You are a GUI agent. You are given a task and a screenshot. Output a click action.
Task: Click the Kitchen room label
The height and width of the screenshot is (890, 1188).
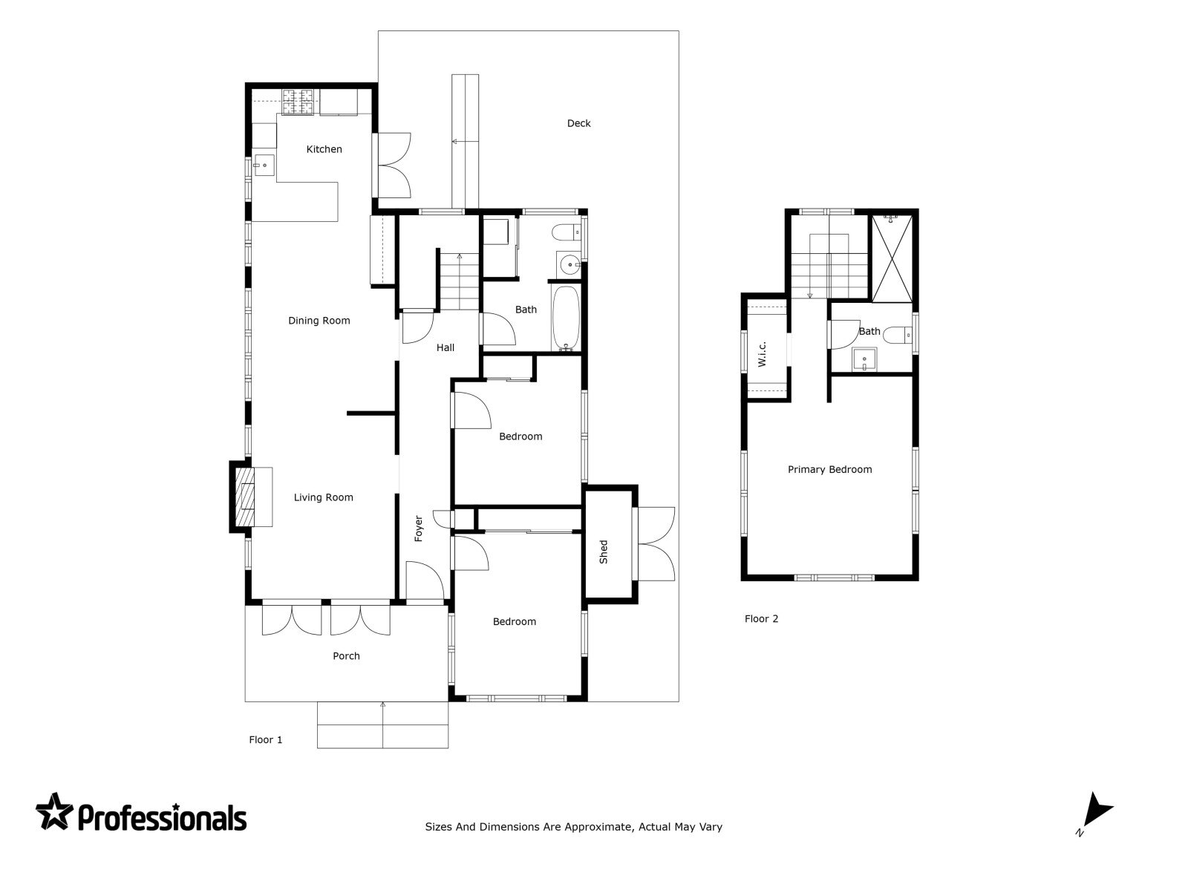tap(324, 149)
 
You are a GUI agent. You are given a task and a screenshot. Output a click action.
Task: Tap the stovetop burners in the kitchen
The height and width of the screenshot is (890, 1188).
tap(298, 102)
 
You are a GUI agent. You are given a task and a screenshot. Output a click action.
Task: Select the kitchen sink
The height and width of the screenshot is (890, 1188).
tap(264, 165)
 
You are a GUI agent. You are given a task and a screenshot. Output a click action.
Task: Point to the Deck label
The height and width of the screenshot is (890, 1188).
tap(578, 123)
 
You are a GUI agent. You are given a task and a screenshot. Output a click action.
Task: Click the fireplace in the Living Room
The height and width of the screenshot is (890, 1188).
tap(244, 497)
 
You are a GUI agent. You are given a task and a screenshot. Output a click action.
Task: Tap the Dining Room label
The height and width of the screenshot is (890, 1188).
tap(319, 321)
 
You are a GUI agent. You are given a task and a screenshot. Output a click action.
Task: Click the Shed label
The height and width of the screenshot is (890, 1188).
tap(604, 552)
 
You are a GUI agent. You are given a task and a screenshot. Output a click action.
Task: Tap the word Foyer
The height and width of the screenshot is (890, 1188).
tap(418, 528)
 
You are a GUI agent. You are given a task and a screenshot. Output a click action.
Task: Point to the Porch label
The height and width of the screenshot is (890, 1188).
tap(346, 656)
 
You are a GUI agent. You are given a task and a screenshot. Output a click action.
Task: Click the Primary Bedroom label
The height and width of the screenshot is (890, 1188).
tap(829, 470)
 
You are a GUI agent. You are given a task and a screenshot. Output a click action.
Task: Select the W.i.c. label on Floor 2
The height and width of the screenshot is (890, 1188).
tap(762, 354)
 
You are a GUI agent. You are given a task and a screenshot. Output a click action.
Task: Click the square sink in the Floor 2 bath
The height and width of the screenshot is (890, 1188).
tap(864, 359)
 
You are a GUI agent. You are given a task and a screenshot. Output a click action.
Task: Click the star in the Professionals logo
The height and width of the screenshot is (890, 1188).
tap(54, 811)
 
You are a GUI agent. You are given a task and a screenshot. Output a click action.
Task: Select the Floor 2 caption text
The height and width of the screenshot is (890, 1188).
tap(761, 619)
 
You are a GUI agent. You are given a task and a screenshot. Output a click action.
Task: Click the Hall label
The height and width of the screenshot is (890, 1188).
tap(445, 348)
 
